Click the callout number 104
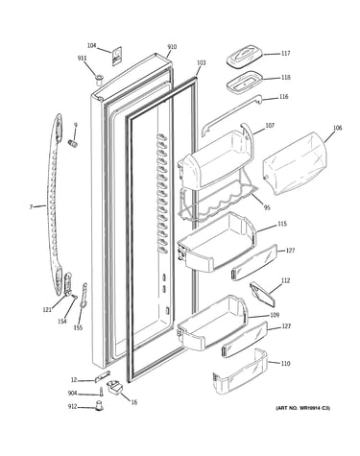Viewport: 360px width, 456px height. click(x=91, y=46)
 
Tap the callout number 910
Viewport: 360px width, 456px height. click(x=172, y=47)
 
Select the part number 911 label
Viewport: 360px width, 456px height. click(x=83, y=58)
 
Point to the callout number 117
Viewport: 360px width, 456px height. click(x=285, y=54)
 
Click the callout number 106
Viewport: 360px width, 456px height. click(x=337, y=128)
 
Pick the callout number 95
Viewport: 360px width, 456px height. click(x=267, y=207)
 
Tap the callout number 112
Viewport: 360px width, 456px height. click(x=285, y=280)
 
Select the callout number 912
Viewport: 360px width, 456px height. click(x=72, y=407)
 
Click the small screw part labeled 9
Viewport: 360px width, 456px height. click(x=73, y=143)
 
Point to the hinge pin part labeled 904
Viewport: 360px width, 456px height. click(x=101, y=392)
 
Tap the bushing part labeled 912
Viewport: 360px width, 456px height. click(x=100, y=405)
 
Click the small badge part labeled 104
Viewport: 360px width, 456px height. click(x=117, y=56)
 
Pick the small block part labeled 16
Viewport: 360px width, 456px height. click(x=115, y=387)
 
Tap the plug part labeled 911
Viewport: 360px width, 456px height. click(x=100, y=79)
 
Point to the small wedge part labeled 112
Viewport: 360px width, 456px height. click(x=262, y=294)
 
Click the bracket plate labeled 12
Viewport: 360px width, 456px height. click(x=102, y=376)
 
